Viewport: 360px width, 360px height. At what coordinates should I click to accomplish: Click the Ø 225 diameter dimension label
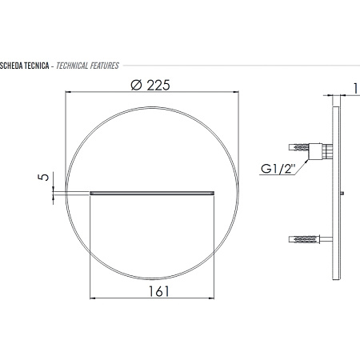point(150,86)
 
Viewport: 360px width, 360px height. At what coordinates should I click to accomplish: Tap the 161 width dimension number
point(158,291)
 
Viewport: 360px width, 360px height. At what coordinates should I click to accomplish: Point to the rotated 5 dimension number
point(44,177)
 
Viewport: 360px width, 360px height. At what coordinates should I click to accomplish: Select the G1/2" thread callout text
point(278,169)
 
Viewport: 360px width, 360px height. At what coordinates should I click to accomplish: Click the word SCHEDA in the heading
point(11,66)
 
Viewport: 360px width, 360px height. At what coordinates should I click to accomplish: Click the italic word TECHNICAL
point(72,66)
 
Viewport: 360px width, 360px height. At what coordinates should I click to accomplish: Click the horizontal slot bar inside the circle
point(152,193)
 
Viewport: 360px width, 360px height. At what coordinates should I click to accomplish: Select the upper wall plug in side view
point(298,147)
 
